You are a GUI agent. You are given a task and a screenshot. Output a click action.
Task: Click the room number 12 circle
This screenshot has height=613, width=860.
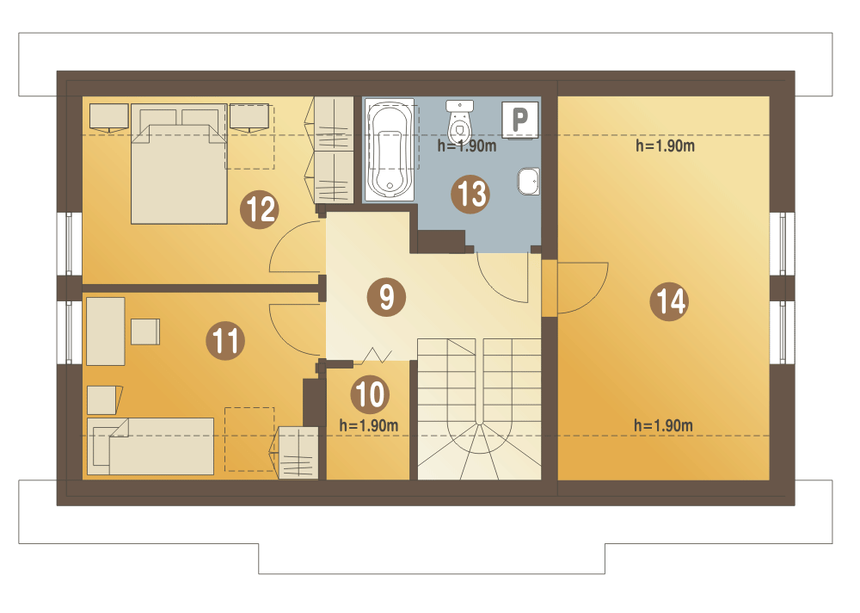(x=260, y=209)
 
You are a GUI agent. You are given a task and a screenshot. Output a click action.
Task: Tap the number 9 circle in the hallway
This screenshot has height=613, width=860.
(x=387, y=297)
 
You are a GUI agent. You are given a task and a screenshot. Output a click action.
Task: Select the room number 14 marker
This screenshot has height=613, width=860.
(x=670, y=301)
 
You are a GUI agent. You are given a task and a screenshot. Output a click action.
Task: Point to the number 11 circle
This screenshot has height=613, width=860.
(x=225, y=341)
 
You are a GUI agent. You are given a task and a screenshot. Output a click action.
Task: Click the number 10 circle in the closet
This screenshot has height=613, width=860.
(x=370, y=394)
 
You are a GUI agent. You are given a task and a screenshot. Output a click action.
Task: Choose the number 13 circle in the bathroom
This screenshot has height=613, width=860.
(x=470, y=194)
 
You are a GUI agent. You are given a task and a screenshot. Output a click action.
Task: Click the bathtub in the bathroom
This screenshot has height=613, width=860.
(x=390, y=150)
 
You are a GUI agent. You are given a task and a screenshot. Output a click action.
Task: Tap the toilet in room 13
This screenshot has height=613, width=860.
(x=459, y=121)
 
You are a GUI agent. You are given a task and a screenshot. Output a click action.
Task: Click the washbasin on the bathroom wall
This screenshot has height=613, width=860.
(x=529, y=182)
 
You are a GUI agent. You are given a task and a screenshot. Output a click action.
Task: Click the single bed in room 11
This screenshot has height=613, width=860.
(x=150, y=446)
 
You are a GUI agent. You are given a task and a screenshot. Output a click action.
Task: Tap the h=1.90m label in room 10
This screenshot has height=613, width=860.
(x=369, y=425)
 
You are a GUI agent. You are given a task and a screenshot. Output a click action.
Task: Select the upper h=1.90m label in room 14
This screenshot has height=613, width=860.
(x=666, y=146)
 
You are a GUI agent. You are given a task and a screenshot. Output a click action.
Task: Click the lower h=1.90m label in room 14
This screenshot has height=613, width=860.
(x=664, y=425)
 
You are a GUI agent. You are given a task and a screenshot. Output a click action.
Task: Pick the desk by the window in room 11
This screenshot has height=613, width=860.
(x=106, y=331)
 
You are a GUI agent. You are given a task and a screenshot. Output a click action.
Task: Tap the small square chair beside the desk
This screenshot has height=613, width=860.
(x=145, y=331)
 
